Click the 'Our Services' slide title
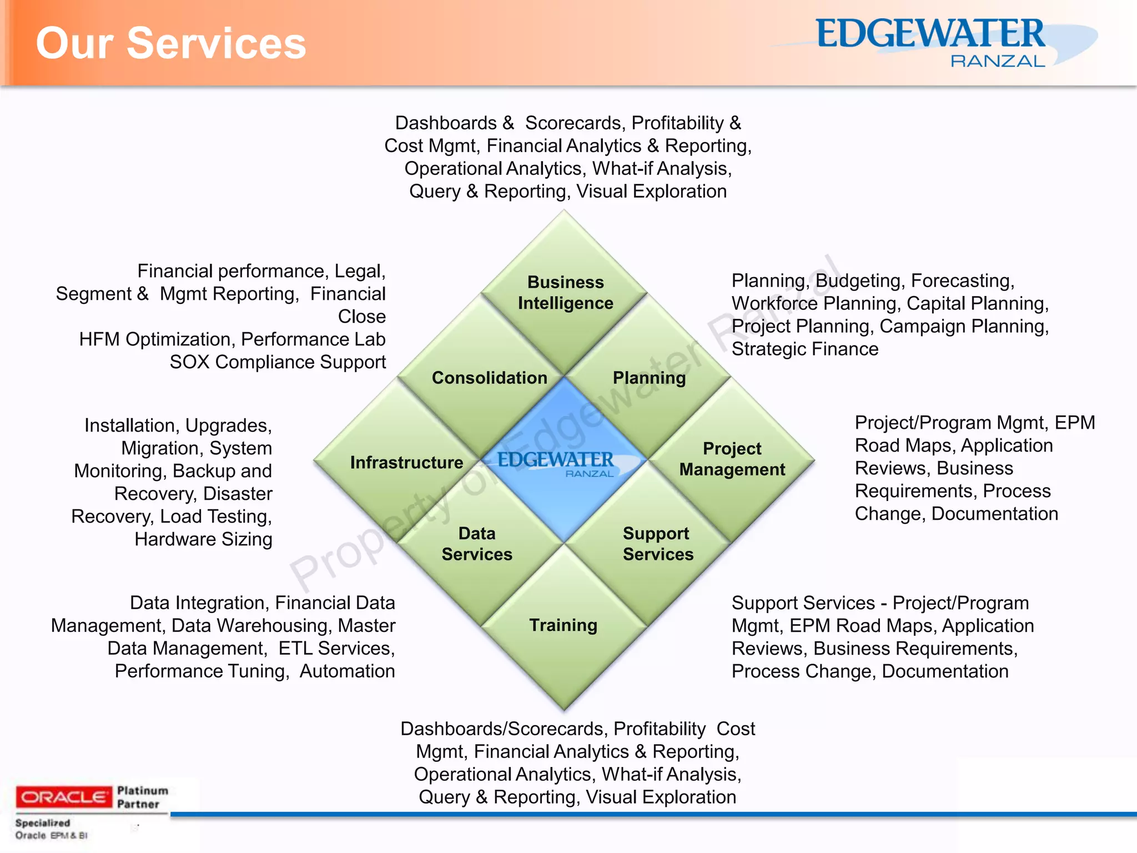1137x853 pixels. pos(171,43)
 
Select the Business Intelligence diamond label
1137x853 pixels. pos(565,293)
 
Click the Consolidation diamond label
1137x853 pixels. pos(489,378)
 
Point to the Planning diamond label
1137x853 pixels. pos(649,378)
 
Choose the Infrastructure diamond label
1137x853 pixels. pos(406,462)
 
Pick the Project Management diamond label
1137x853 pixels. pos(732,459)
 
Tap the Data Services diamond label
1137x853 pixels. pos(477,544)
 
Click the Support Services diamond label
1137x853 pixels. pos(658,544)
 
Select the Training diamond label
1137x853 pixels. pos(563,625)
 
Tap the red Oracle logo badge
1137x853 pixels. pos(63,797)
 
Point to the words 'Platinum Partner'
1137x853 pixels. pos(142,797)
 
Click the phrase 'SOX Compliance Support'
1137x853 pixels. pos(278,362)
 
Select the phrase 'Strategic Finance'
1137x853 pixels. pos(805,349)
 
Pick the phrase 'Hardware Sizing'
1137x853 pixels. pos(203,539)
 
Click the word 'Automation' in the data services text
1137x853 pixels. pos(347,671)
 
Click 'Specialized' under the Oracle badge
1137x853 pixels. pos(43,823)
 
